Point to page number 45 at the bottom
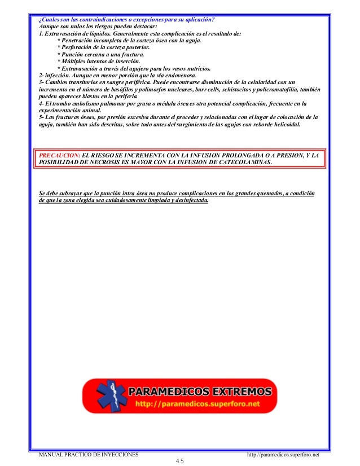pyautogui.click(x=180, y=461)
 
